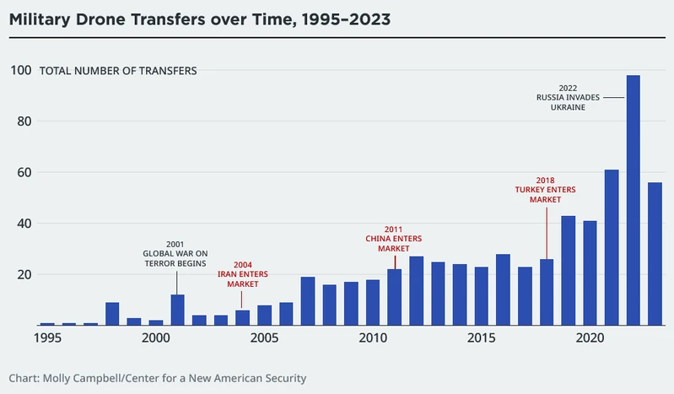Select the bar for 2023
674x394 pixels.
655,253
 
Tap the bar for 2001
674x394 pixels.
177,310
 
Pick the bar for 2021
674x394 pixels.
612,247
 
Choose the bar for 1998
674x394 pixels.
112,314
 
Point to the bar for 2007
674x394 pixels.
308,301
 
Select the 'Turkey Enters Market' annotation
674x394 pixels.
545,190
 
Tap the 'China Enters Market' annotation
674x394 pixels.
393,239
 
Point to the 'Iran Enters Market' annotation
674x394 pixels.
242,274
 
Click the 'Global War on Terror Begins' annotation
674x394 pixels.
175,253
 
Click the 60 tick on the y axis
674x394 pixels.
24,172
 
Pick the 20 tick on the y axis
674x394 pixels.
24,274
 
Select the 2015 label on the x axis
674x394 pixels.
482,338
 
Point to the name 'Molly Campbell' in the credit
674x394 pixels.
80,378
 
